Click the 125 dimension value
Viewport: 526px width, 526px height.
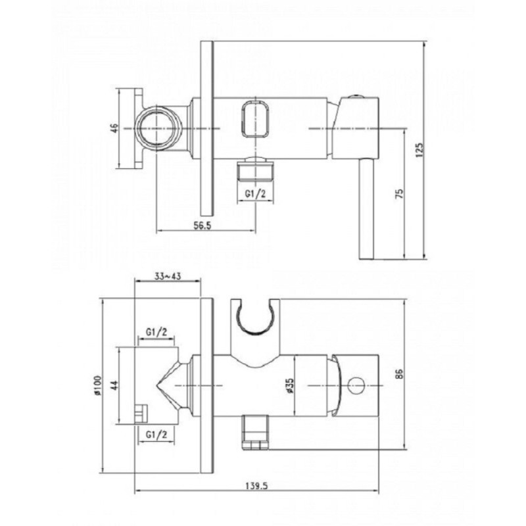[x=419, y=150]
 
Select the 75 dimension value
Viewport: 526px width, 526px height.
[x=400, y=194]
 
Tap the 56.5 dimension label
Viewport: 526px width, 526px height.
[x=203, y=226]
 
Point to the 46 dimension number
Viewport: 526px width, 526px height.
[x=114, y=128]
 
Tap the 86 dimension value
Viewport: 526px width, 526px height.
[x=399, y=373]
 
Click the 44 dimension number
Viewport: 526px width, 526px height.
[x=114, y=385]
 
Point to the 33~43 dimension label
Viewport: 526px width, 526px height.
[x=168, y=276]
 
